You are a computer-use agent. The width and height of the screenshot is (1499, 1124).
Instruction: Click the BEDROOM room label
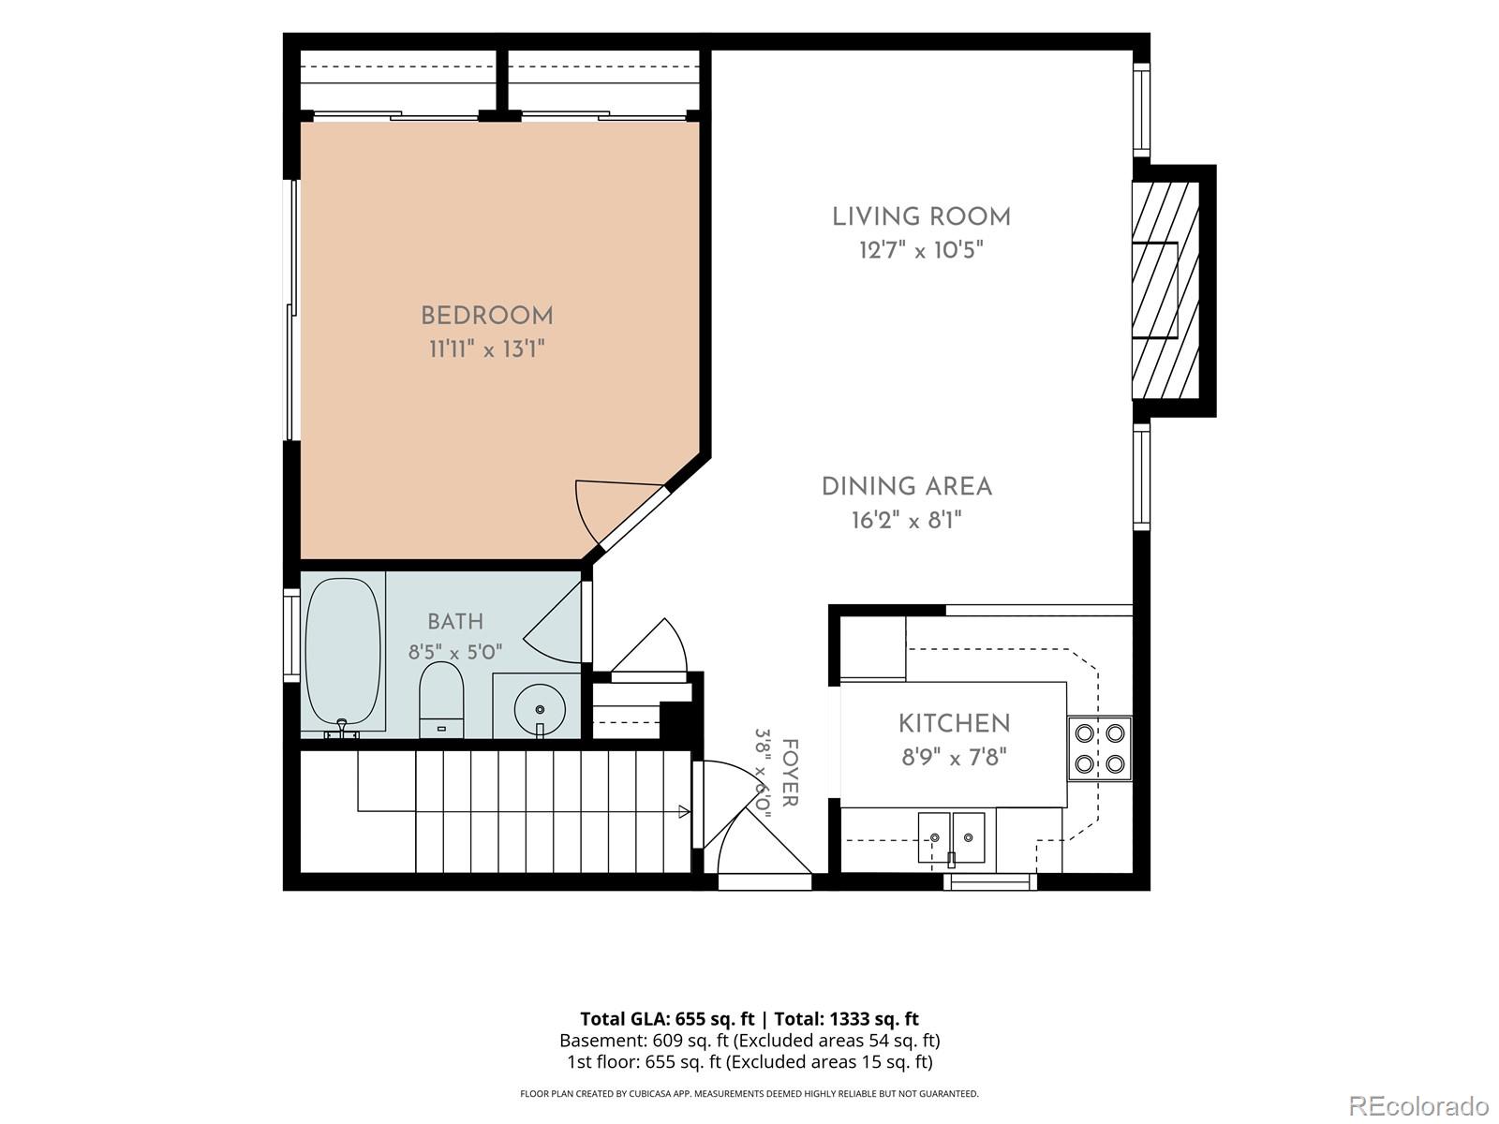click(487, 316)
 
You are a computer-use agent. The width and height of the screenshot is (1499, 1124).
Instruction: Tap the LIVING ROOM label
click(921, 217)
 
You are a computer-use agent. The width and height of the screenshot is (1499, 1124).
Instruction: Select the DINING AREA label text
click(906, 486)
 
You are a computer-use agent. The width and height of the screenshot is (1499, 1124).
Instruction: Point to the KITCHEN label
click(954, 723)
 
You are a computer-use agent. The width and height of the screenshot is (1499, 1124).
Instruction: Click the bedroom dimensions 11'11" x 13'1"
click(487, 349)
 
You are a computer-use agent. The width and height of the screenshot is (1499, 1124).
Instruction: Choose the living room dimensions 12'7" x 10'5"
click(921, 250)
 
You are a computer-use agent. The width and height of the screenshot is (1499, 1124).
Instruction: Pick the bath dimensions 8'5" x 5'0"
click(455, 653)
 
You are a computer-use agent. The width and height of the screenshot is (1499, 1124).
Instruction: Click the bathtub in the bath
click(343, 654)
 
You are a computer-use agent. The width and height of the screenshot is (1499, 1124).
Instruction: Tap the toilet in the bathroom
click(441, 700)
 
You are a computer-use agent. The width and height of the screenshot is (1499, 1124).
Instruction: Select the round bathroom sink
click(540, 710)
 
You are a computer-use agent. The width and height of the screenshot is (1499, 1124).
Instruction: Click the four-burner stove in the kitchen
click(1100, 748)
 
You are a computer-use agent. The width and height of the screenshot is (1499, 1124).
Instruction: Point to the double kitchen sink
click(951, 838)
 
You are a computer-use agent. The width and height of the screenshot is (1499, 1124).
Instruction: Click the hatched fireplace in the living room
click(1165, 290)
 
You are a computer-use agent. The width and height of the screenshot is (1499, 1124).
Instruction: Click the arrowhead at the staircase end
click(684, 811)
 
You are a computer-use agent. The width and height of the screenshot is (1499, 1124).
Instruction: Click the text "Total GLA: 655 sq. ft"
click(667, 1019)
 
